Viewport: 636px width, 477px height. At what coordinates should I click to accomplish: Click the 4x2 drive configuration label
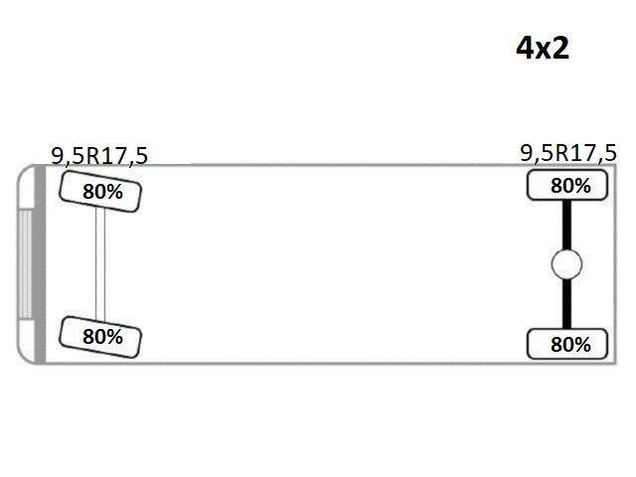(543, 49)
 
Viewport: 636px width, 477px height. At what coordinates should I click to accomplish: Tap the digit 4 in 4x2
(525, 49)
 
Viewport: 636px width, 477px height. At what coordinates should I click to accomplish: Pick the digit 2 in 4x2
(560, 49)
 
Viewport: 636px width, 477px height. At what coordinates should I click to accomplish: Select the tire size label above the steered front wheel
(99, 155)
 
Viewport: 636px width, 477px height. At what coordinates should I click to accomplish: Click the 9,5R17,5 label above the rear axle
(568, 153)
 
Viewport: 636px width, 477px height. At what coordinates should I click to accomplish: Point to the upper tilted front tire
(100, 192)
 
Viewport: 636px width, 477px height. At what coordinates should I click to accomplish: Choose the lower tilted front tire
(100, 337)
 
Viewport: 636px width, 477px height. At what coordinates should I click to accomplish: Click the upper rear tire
(567, 186)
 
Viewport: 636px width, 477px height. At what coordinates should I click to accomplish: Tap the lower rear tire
(567, 344)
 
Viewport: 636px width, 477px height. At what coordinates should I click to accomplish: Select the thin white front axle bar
(100, 264)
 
